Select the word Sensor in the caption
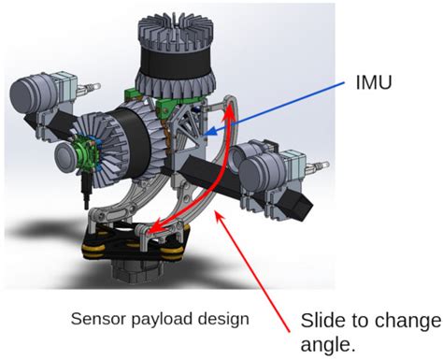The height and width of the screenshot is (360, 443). (95, 319)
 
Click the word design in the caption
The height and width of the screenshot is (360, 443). (223, 319)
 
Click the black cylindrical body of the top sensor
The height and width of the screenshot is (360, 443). (173, 72)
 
